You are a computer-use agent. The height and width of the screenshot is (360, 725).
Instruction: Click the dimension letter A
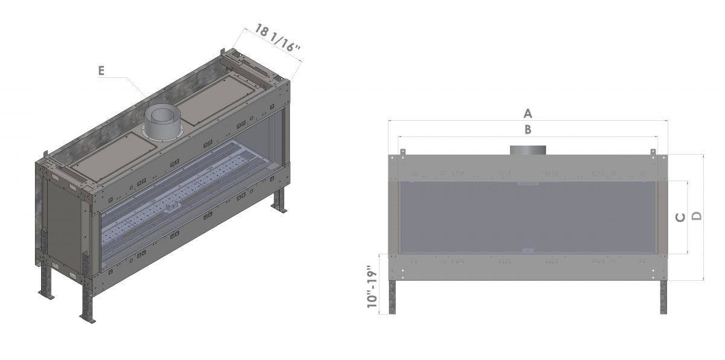point(527,114)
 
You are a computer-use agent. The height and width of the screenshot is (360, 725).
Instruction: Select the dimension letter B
point(527,129)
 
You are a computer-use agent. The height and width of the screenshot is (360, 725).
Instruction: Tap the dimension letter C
point(681,217)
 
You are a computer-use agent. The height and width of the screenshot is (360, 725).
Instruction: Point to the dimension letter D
point(697,216)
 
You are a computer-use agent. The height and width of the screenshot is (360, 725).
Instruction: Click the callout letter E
point(101,71)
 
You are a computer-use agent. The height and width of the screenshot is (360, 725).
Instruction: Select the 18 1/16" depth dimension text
point(278,38)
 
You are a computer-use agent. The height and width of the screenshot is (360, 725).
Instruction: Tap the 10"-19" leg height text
point(373,287)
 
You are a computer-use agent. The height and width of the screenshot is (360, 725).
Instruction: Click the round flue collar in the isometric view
point(163,124)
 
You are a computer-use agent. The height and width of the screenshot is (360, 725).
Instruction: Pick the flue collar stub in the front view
point(528,150)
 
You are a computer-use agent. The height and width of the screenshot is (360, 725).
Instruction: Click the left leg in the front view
point(392,297)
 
